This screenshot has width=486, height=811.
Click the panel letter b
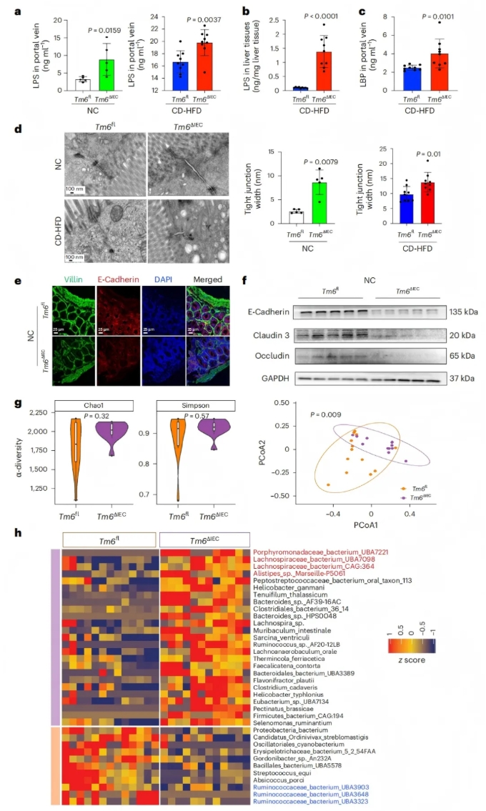click(246, 11)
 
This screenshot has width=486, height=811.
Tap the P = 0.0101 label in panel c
click(438, 16)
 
